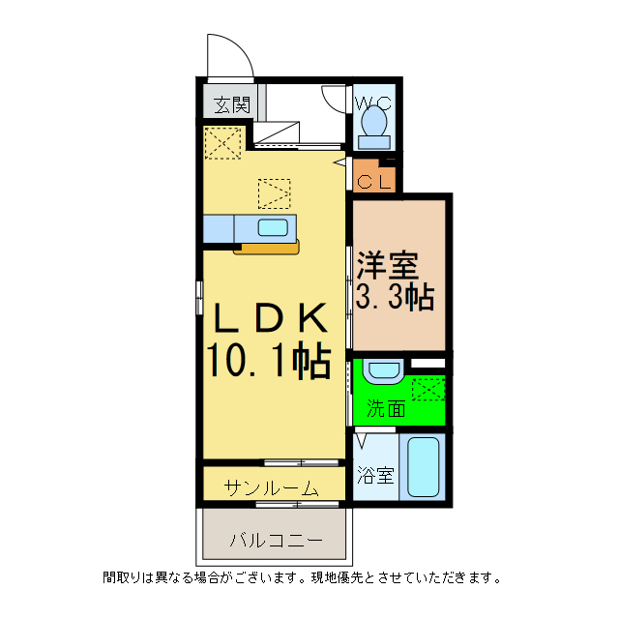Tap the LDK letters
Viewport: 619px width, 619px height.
point(267,319)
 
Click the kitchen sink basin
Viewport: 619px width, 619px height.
point(272,229)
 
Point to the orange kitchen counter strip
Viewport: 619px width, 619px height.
point(266,249)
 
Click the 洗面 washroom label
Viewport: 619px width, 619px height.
point(385,408)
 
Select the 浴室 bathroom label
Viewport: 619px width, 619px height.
point(376,475)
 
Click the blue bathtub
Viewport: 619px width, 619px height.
point(423,468)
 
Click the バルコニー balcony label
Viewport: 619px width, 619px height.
point(276,540)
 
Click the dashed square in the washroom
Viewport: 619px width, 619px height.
point(426,389)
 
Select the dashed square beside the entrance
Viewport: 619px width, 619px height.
point(223,144)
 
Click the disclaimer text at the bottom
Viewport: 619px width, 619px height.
point(303,578)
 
